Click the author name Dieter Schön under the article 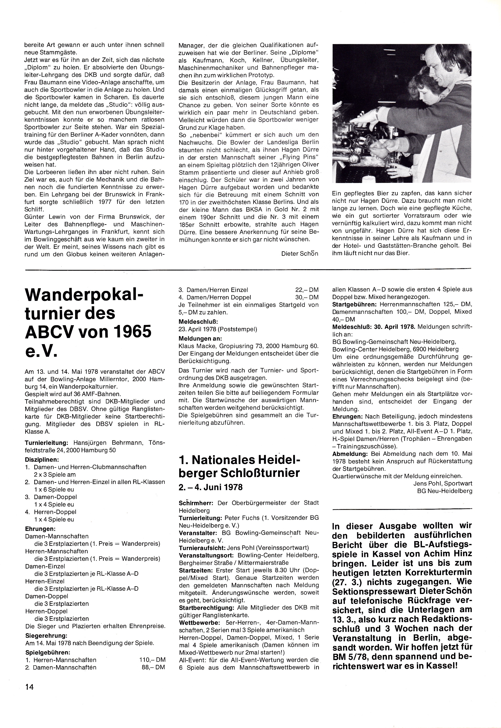300,253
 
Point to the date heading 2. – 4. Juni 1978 211,487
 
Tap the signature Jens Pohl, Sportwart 443,483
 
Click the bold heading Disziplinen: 42,460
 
